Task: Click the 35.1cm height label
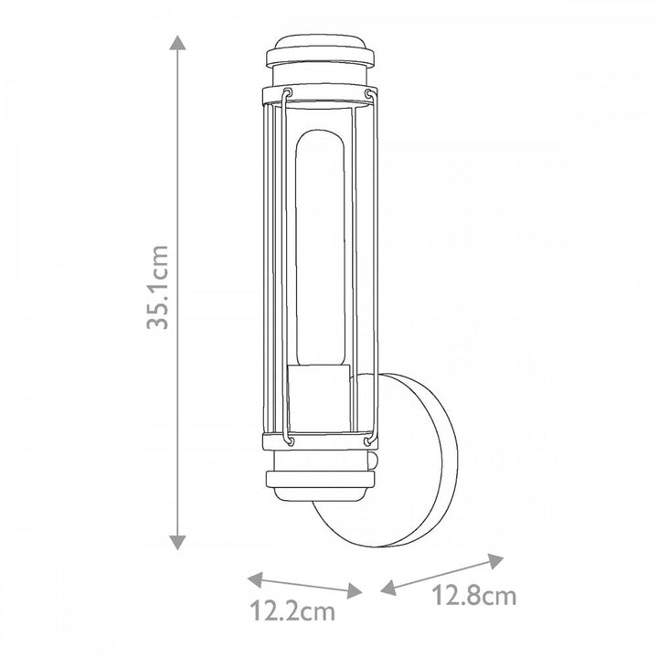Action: [x=158, y=287]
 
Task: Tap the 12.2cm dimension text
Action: [x=292, y=611]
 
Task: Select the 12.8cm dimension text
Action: [x=473, y=596]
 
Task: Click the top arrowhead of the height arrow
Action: [x=177, y=42]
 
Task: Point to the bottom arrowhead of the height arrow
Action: [x=177, y=542]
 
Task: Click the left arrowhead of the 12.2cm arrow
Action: [x=255, y=579]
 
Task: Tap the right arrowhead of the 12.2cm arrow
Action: [x=355, y=591]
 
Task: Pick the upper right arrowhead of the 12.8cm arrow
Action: [x=496, y=561]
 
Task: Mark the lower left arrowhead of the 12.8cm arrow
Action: [x=388, y=588]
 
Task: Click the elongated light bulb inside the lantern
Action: [x=320, y=248]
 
